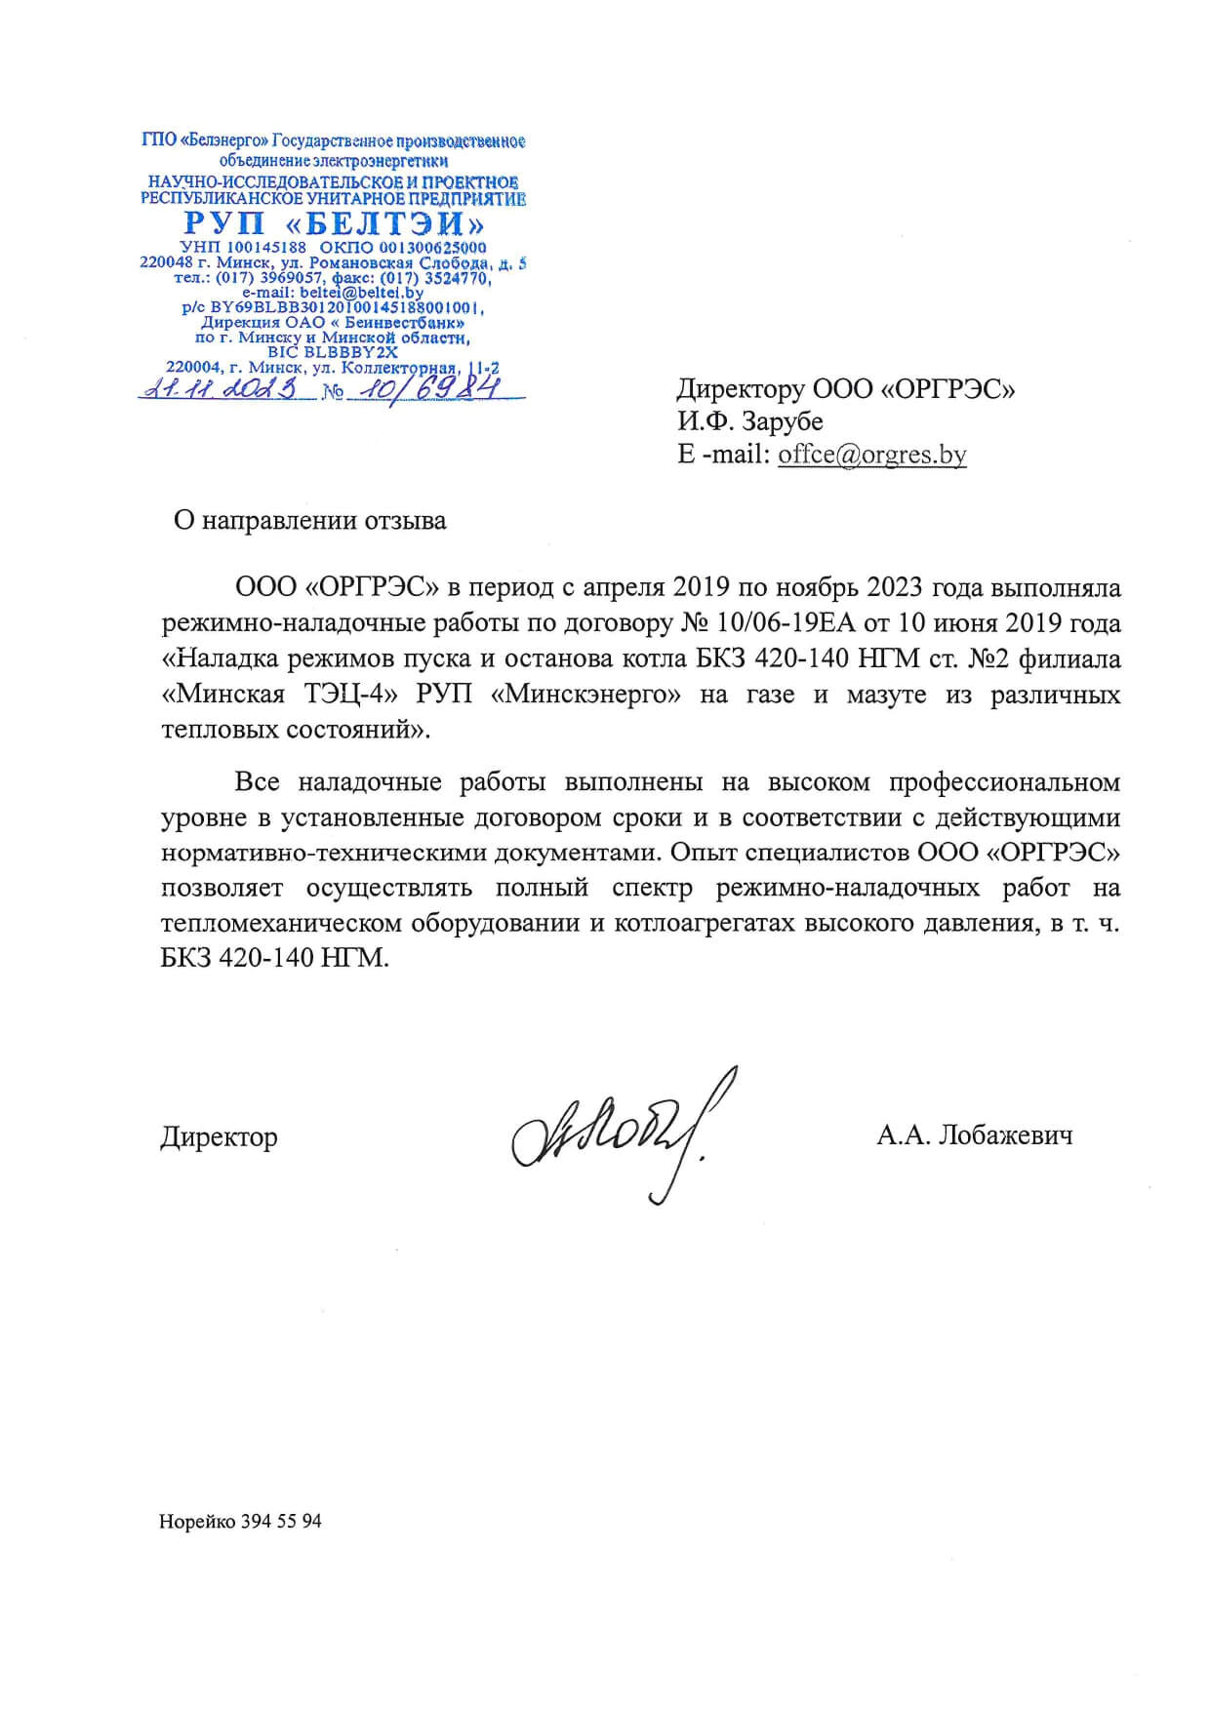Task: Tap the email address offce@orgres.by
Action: click(x=871, y=455)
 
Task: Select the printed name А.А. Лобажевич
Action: click(x=974, y=1135)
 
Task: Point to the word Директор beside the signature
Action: click(x=219, y=1137)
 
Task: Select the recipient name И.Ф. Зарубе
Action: click(x=749, y=422)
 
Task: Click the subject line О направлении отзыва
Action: click(x=309, y=520)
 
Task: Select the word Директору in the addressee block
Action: click(x=740, y=389)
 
